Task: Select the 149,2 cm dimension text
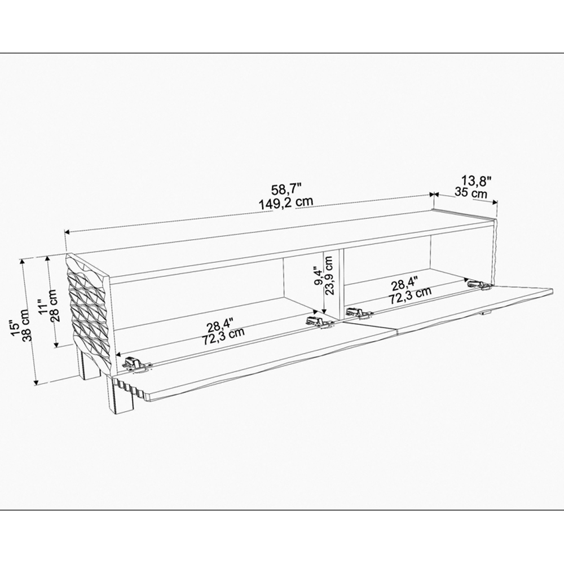tap(286, 203)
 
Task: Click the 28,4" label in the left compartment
tap(221, 326)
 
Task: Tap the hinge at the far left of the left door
tap(135, 364)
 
